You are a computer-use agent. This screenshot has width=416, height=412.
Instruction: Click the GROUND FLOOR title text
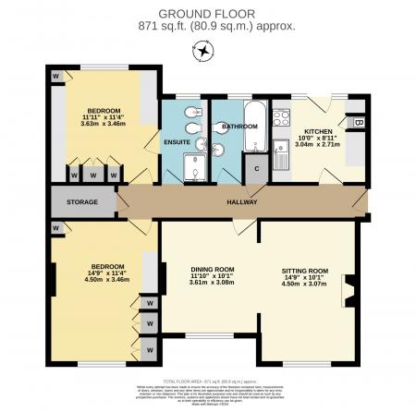(x=207, y=13)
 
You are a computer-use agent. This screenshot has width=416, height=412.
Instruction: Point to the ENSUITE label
(x=177, y=142)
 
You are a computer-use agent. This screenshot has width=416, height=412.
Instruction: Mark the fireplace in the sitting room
(x=349, y=291)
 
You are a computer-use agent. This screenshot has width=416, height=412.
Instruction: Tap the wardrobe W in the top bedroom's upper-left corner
(x=56, y=74)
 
